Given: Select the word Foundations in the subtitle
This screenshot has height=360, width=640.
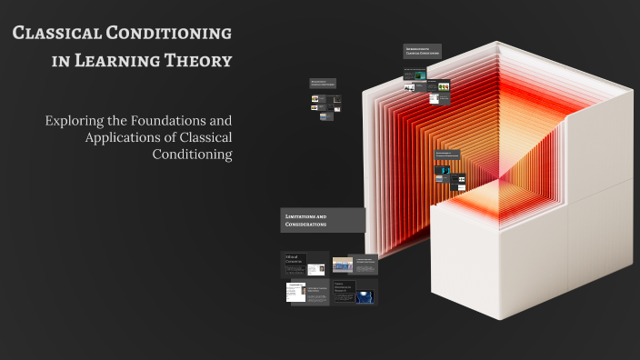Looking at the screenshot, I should pos(169,120).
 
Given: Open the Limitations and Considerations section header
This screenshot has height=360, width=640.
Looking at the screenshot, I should pos(323,220).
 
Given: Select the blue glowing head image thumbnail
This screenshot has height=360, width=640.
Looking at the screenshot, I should pos(365,295).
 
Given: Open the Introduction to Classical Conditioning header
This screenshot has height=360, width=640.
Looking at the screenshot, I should pos(423,52).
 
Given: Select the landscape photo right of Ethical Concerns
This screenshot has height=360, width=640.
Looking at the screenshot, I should pos(343,265).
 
